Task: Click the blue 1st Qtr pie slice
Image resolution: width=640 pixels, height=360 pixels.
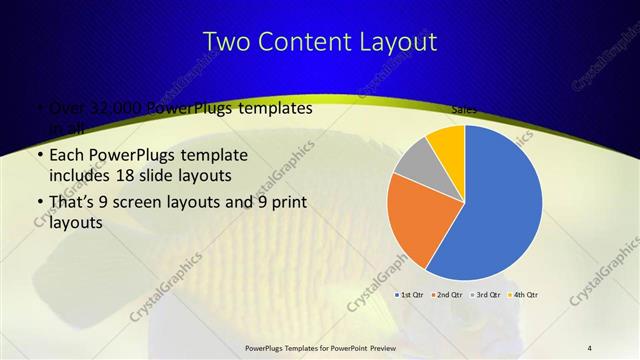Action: tap(505, 205)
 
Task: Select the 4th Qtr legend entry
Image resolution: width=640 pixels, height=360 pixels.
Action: tap(526, 295)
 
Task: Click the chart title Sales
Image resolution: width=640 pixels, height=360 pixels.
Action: tap(463, 109)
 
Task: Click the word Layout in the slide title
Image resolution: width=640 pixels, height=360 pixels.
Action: tap(397, 42)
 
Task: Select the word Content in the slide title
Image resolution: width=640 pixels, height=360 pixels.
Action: tap(309, 42)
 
